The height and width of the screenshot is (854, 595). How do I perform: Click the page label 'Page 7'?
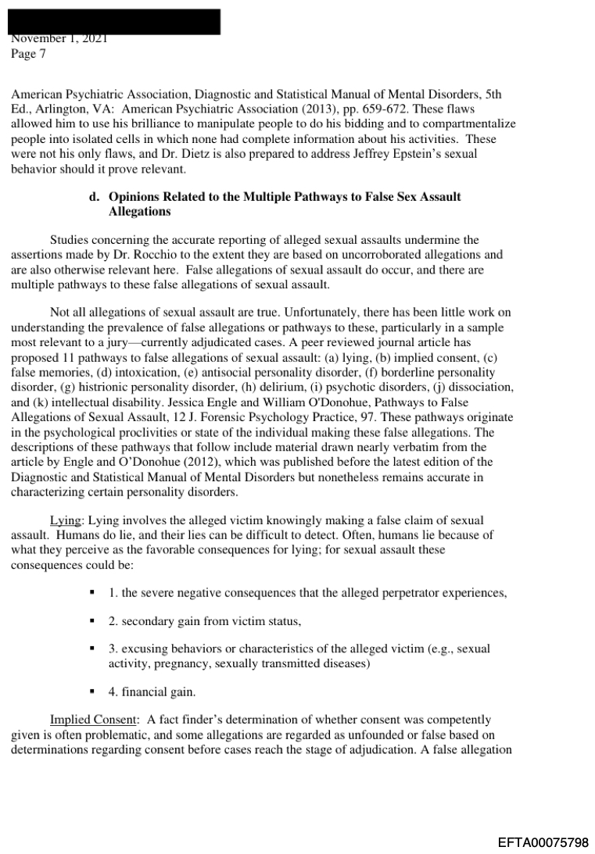28,54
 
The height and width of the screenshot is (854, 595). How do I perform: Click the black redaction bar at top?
115,20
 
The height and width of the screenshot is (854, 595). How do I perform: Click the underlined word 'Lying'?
65,520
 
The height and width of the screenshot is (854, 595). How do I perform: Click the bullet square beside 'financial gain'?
92,692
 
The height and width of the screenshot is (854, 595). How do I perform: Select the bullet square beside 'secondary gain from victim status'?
92,622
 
